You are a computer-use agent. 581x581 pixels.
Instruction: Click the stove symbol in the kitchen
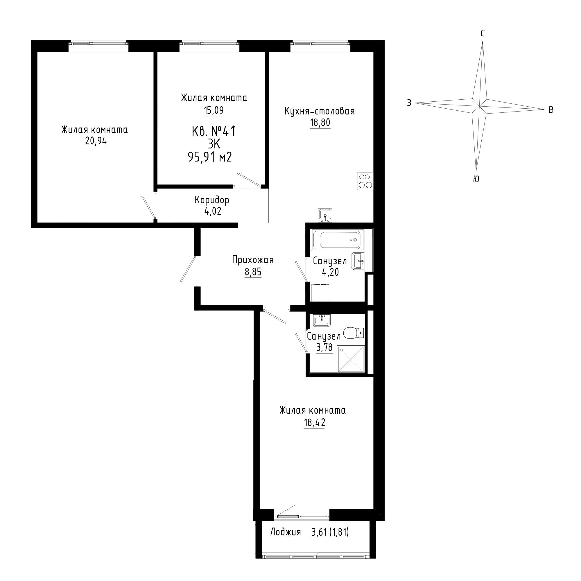[365, 181]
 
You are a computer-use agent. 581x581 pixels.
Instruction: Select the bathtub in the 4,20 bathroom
[338, 240]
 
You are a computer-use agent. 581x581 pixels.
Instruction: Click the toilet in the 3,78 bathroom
[354, 333]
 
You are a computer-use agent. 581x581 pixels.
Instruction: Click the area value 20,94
[96, 141]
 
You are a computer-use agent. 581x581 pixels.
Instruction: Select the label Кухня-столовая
[320, 111]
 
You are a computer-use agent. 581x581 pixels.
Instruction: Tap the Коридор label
[212, 200]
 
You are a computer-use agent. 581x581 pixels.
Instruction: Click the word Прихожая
[253, 260]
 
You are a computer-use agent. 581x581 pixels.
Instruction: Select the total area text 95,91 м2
[210, 157]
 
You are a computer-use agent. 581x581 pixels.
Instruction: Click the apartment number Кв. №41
[213, 131]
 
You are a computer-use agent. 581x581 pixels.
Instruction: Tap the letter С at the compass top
[483, 33]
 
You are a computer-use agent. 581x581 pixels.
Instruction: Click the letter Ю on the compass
[476, 179]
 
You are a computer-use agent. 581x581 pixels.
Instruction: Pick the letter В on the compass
[551, 110]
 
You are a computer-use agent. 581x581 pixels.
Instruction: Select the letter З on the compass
[409, 103]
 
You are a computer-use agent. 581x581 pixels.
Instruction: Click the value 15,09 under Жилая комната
[214, 110]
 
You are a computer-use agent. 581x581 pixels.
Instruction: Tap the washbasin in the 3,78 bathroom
[322, 320]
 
